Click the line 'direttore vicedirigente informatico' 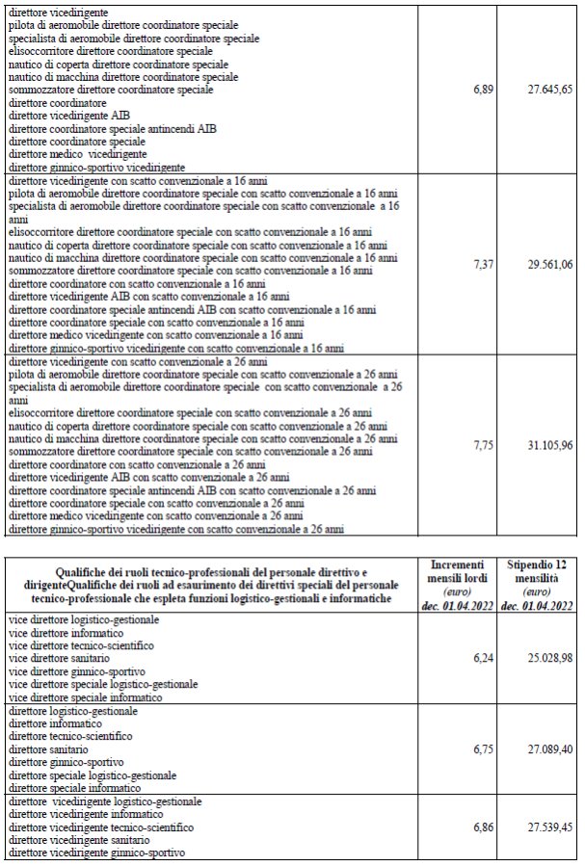[x=83, y=814]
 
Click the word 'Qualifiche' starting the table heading [x=84, y=571]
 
